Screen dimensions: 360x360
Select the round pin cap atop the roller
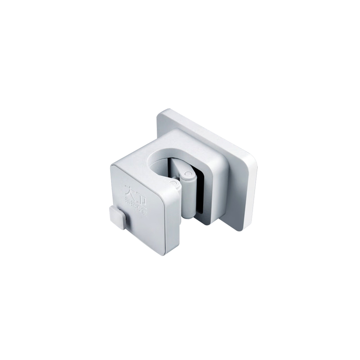(187, 176)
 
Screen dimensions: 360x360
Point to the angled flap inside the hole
(177, 167)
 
